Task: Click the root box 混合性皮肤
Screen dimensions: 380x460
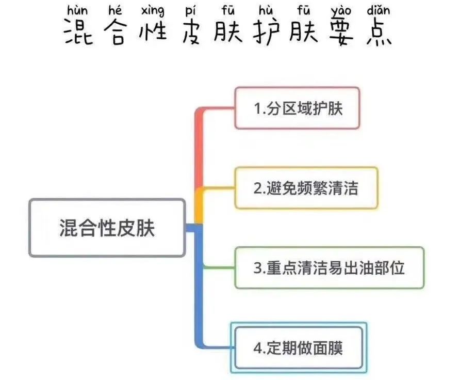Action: point(107,228)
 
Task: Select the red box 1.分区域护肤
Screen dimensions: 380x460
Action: point(297,108)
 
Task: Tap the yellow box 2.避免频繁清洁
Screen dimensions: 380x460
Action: point(306,188)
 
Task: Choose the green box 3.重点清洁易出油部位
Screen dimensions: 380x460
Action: point(329,268)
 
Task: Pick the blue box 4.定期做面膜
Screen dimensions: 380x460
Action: point(298,347)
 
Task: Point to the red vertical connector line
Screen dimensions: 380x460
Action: point(199,150)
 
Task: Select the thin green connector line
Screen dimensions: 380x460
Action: point(219,267)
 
